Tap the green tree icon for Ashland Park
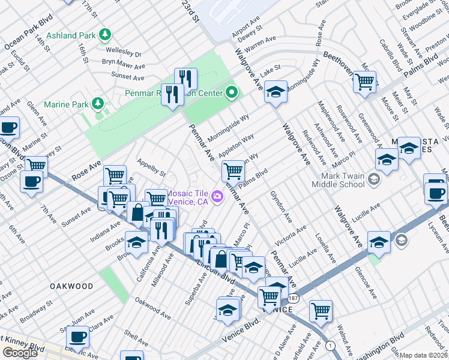pyautogui.click(x=106, y=34)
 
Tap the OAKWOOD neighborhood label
pyautogui.click(x=71, y=286)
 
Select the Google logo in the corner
pyautogui.click(x=20, y=353)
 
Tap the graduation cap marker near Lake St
pyautogui.click(x=276, y=92)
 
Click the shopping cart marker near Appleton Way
pyautogui.click(x=232, y=171)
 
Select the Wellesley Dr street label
pyautogui.click(x=124, y=53)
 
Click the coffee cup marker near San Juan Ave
pyautogui.click(x=77, y=337)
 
